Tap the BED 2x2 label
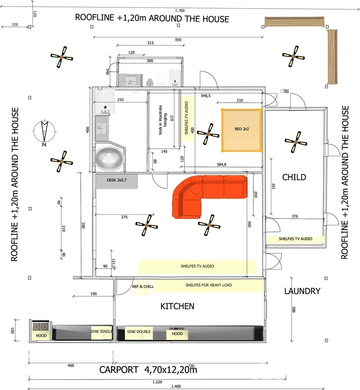(242, 129)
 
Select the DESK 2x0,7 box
(116, 180)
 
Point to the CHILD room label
(294, 177)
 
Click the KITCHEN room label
(177, 306)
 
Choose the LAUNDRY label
(302, 291)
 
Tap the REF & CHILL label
(143, 286)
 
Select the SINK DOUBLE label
(139, 332)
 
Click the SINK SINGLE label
(101, 331)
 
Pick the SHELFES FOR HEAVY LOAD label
(209, 285)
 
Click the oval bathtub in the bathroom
(109, 158)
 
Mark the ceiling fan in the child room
(296, 142)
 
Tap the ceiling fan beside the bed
(208, 134)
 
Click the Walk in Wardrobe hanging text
(162, 120)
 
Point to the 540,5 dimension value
(205, 96)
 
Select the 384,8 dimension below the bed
(221, 165)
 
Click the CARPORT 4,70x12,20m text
(148, 370)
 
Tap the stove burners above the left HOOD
(41, 326)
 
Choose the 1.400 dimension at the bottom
(176, 386)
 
